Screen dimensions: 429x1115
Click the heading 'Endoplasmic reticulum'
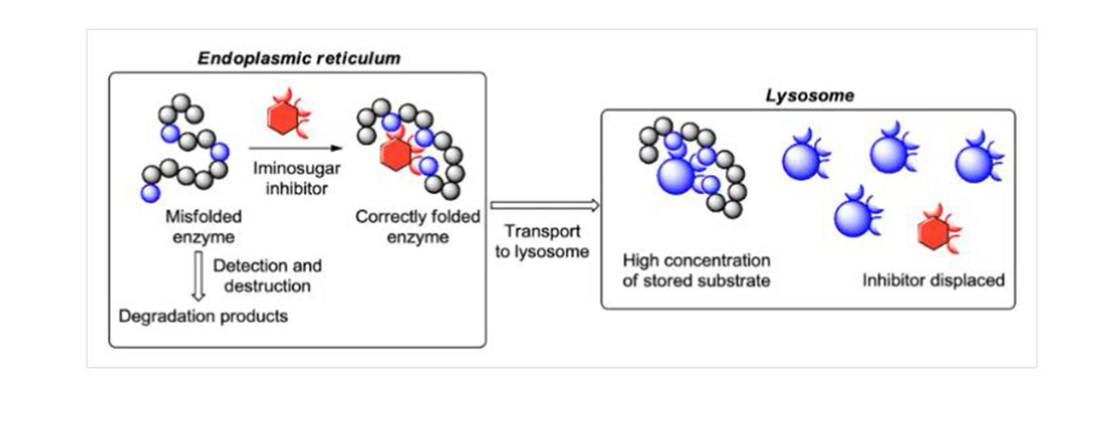pos(299,58)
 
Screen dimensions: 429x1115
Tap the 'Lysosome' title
pos(810,96)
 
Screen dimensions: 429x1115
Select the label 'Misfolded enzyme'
pos(203,227)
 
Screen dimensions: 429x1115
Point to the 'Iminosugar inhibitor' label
pos(297,178)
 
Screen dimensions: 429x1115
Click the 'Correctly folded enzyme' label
pos(418,227)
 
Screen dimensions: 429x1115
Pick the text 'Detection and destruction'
pos(267,276)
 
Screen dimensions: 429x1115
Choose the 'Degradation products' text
pos(203,316)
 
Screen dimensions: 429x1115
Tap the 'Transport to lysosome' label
pos(542,241)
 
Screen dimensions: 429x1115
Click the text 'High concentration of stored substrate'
pos(696,271)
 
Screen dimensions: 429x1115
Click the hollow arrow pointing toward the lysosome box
pos(544,205)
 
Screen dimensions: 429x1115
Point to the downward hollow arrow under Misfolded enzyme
pos(199,277)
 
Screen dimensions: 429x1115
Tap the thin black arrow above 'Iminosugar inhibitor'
pos(296,148)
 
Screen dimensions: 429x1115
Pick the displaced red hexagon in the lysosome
pos(934,233)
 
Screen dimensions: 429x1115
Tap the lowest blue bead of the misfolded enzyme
pos(150,193)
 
